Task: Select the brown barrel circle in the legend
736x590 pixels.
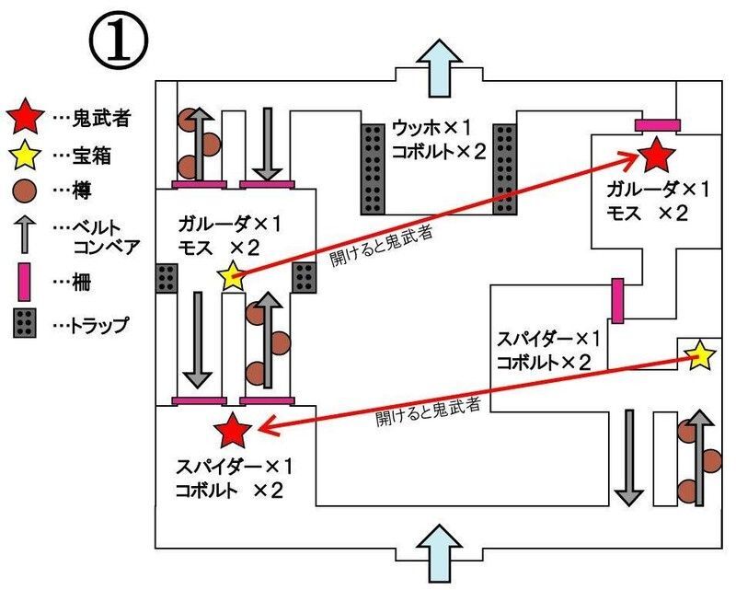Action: tap(26, 191)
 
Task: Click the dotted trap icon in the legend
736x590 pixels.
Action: tap(26, 324)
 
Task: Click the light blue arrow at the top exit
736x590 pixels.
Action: tap(439, 66)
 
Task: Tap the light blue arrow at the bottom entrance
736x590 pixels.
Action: tap(439, 550)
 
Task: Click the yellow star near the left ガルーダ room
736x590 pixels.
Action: tap(231, 275)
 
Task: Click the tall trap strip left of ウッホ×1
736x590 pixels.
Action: tap(372, 168)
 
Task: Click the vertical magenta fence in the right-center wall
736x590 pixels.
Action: tap(617, 300)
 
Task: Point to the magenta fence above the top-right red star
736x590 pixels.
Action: tap(656, 123)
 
